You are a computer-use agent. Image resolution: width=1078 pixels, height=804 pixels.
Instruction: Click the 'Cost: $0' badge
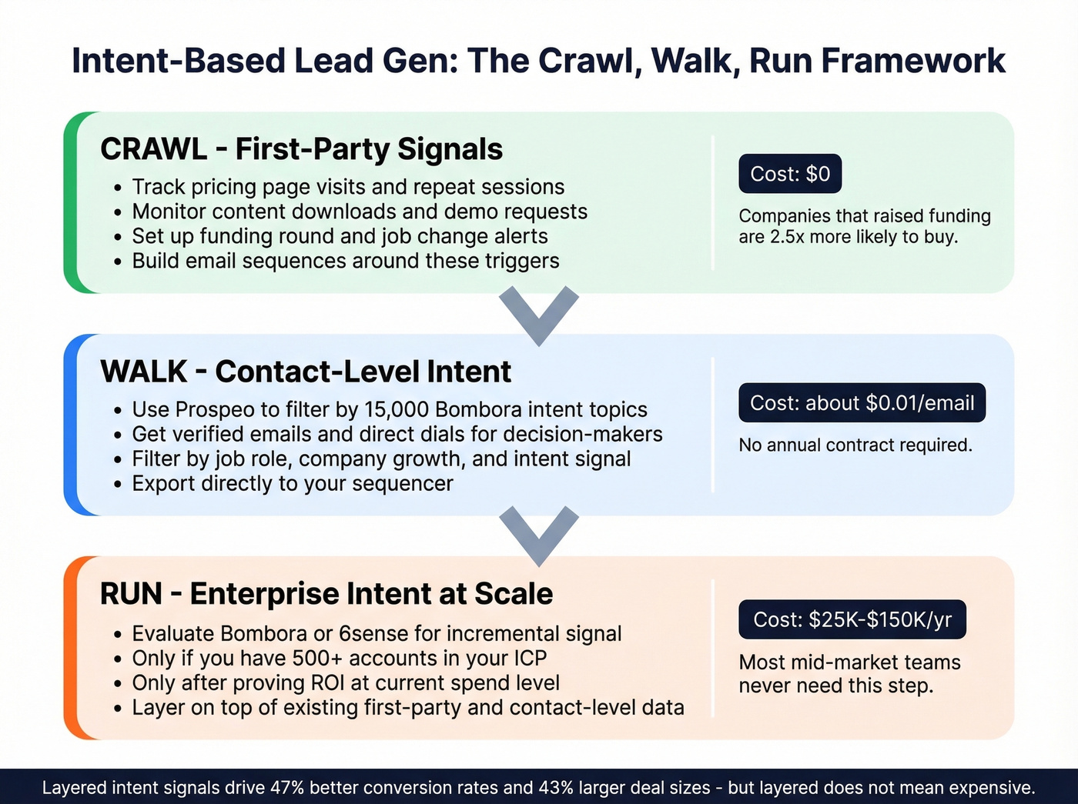click(790, 174)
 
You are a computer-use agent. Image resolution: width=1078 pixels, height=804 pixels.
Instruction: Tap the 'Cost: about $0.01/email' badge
click(862, 402)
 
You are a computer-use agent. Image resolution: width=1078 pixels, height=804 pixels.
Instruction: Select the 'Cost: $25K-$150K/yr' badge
click(852, 619)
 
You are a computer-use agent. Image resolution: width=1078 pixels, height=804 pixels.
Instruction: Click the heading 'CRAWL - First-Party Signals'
click(301, 149)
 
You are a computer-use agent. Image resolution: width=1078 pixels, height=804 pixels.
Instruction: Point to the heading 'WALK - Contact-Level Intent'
click(305, 372)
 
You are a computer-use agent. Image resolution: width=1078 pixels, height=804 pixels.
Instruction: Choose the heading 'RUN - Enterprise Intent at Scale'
click(326, 594)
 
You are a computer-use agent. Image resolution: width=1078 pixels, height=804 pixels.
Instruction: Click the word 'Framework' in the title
click(912, 61)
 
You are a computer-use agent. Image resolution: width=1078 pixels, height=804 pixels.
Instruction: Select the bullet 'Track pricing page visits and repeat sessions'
click(348, 187)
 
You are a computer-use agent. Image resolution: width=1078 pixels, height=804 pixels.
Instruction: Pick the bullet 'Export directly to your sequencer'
click(293, 483)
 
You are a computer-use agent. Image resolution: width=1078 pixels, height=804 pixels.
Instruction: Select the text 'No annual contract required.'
click(855, 445)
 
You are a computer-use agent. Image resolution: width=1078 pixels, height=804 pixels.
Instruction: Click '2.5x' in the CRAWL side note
click(787, 237)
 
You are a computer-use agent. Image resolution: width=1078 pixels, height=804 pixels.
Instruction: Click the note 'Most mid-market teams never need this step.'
click(849, 673)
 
